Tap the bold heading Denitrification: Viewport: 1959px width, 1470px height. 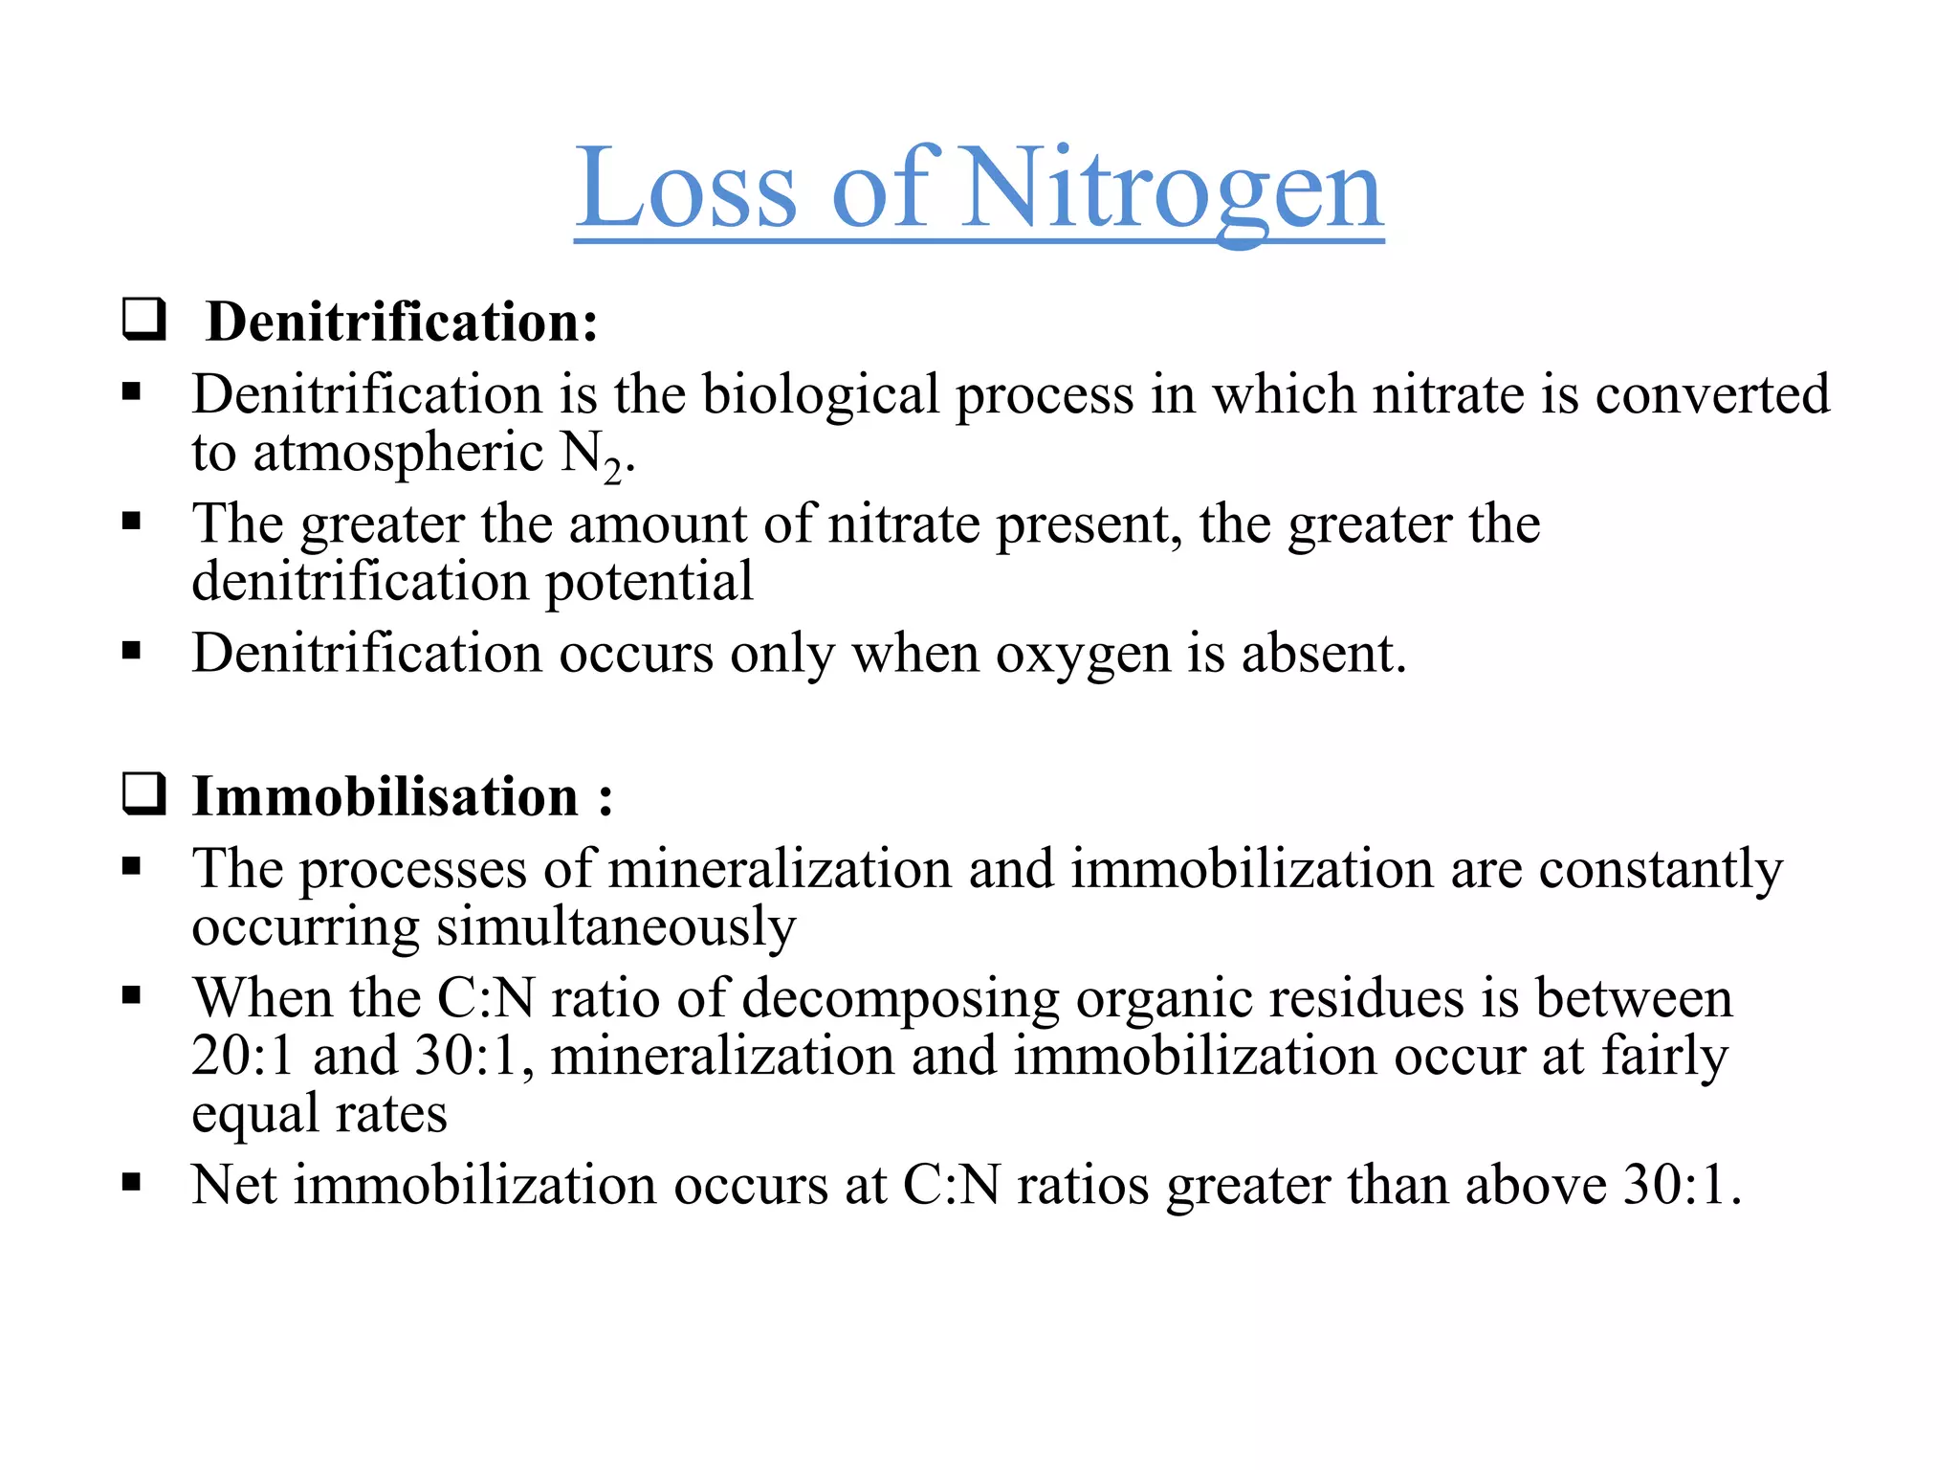(402, 322)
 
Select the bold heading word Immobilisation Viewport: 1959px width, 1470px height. (385, 796)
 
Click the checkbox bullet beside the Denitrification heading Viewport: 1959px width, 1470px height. (144, 320)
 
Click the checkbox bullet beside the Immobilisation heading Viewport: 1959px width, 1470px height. (144, 794)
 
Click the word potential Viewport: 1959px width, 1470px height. (649, 582)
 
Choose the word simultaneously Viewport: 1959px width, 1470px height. (616, 926)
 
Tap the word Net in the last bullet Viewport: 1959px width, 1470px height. (234, 1185)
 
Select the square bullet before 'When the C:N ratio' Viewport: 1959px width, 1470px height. (132, 996)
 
